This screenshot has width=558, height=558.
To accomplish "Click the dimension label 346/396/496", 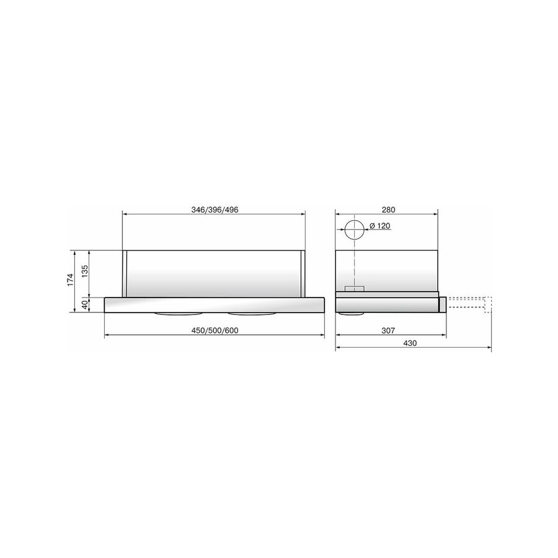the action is pyautogui.click(x=215, y=210).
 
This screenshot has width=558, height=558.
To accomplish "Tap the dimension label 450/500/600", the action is pyautogui.click(x=215, y=330).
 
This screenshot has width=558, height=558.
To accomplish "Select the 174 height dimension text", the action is pyautogui.click(x=70, y=280).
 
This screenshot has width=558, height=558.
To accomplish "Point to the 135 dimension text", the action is pyautogui.click(x=85, y=272).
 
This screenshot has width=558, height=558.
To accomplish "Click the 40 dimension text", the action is pyautogui.click(x=85, y=304).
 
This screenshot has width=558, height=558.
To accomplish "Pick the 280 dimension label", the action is pyautogui.click(x=388, y=210).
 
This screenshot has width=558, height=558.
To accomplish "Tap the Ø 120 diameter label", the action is pyautogui.click(x=379, y=226).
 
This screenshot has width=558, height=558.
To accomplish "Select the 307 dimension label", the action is pyautogui.click(x=388, y=330).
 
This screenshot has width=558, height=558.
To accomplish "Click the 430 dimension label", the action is pyautogui.click(x=410, y=343).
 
